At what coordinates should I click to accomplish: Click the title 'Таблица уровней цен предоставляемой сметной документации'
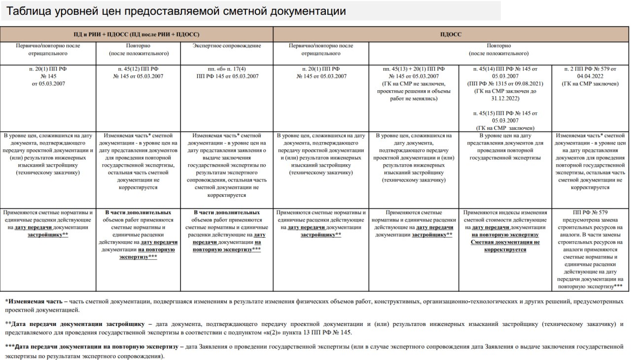click(176, 11)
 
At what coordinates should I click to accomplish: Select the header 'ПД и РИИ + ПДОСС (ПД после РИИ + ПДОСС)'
click(136, 35)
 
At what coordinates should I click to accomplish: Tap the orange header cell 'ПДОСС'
click(451, 35)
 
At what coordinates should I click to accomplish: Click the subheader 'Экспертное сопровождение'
click(227, 46)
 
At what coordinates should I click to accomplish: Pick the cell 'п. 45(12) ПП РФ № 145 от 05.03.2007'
click(139, 72)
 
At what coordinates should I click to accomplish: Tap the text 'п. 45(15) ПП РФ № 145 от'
click(505, 113)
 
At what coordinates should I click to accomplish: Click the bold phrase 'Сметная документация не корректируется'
click(505, 246)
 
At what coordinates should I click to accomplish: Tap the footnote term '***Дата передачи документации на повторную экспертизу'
click(92, 347)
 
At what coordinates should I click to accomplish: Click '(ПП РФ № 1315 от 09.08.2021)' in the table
click(505, 84)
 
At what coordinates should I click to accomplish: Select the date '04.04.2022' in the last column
click(590, 76)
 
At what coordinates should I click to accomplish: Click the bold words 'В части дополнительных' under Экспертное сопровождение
click(227, 213)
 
